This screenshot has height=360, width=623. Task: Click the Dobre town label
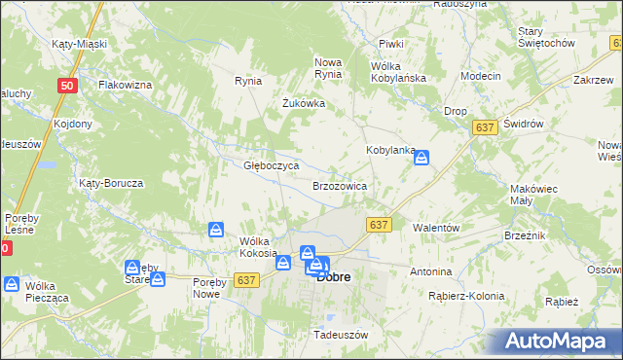(x=334, y=276)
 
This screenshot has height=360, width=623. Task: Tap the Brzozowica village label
(x=339, y=185)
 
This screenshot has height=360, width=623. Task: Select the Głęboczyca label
(x=271, y=165)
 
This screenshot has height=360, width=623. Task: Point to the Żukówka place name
(x=303, y=103)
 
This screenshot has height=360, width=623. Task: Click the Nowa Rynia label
(x=328, y=68)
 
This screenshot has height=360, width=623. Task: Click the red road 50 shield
(x=66, y=86)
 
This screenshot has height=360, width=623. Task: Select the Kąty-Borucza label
(x=112, y=183)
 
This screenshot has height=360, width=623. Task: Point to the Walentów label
(x=436, y=227)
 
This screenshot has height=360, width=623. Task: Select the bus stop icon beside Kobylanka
(x=421, y=157)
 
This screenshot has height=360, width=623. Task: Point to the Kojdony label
(x=73, y=124)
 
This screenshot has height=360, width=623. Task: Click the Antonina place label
(x=431, y=271)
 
